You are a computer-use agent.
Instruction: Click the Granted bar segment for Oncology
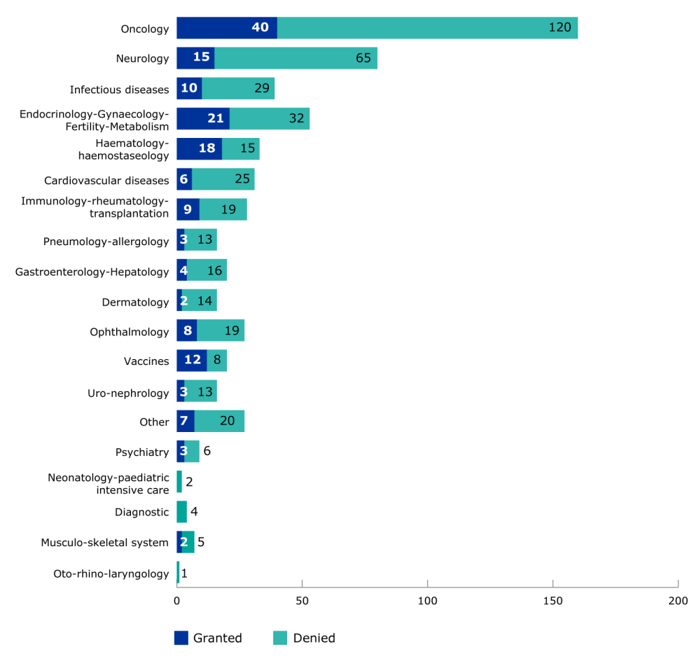tap(226, 28)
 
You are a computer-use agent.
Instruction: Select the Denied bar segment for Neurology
tap(296, 58)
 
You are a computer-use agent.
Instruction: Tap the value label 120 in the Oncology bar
tap(560, 28)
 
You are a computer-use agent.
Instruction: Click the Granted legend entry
tap(209, 638)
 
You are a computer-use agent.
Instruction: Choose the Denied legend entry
tap(305, 638)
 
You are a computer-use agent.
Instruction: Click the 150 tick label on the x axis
tap(553, 601)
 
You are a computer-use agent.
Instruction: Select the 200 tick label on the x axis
tap(677, 601)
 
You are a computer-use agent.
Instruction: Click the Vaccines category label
tap(146, 361)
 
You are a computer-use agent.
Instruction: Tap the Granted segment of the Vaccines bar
tap(191, 361)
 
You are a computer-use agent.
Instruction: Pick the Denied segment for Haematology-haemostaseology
tap(240, 149)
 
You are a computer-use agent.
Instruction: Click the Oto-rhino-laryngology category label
tap(111, 574)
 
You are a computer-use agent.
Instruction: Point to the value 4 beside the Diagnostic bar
tap(194, 512)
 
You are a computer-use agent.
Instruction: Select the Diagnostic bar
tap(181, 512)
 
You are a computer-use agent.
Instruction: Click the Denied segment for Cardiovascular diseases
tap(223, 179)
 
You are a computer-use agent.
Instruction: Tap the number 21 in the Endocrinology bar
tap(215, 118)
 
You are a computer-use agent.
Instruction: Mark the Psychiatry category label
tap(142, 452)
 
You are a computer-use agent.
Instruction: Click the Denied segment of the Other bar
tap(218, 422)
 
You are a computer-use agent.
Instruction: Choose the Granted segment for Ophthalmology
tap(186, 331)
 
